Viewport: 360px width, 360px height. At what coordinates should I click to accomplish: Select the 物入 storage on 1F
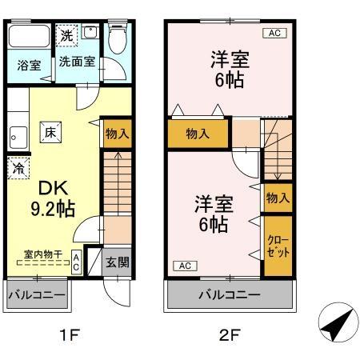pyautogui.click(x=118, y=134)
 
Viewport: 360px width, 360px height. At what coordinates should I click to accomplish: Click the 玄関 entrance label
pyautogui.click(x=117, y=262)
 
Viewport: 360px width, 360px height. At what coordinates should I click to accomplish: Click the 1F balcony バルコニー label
pyautogui.click(x=37, y=295)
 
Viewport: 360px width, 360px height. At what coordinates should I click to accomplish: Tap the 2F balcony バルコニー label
pyautogui.click(x=229, y=295)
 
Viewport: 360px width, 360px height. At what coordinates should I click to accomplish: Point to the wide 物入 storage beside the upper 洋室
pyautogui.click(x=198, y=134)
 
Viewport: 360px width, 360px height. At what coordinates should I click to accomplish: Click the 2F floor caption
pyautogui.click(x=230, y=334)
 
